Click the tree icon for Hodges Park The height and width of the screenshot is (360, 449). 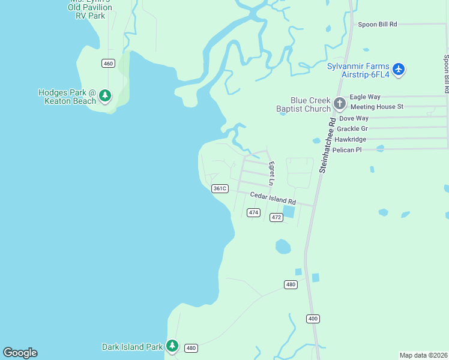105,95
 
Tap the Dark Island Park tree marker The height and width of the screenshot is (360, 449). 172,346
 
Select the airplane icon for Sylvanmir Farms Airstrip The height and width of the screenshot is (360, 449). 399,70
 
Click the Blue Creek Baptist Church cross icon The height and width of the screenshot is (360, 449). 339,104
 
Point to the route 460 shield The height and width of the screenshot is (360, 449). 108,64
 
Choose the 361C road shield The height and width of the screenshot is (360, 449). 220,188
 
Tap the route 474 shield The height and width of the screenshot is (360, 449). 253,212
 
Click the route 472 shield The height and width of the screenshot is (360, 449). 276,217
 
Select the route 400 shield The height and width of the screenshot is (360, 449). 312,318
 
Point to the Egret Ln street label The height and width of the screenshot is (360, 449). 271,173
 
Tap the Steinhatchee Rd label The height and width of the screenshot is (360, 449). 327,145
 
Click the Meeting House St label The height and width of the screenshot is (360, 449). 376,107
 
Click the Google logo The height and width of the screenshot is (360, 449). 20,353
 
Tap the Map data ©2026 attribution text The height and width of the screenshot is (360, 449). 423,355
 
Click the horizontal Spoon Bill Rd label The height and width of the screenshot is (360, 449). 378,25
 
